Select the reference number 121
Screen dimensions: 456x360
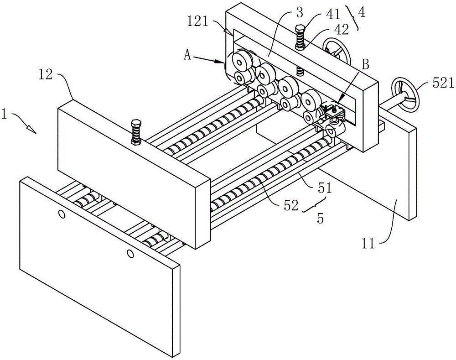click(x=198, y=22)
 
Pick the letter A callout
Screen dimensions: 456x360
click(x=187, y=55)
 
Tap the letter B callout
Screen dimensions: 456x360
click(x=366, y=64)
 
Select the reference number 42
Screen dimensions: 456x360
click(x=342, y=30)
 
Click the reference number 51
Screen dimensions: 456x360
click(x=325, y=188)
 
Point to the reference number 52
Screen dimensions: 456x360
click(x=291, y=206)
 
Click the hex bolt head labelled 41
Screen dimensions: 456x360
click(x=300, y=29)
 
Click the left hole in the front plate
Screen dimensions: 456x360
click(x=62, y=214)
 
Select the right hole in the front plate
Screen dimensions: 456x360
click(x=130, y=254)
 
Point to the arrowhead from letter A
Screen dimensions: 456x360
click(x=220, y=61)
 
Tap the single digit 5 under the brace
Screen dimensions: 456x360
click(x=320, y=219)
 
